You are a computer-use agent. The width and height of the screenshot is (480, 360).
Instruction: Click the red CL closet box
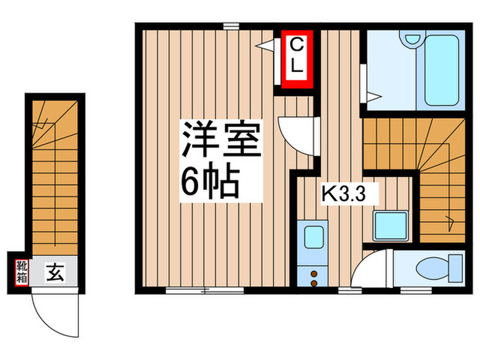pos(295,60)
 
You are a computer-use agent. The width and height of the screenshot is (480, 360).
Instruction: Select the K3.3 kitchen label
pos(346,195)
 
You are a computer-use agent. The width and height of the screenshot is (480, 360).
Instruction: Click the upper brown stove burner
pos(315,273)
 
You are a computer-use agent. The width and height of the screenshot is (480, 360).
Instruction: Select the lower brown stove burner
pos(315,282)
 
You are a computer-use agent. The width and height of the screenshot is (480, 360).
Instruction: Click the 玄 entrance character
pos(55,273)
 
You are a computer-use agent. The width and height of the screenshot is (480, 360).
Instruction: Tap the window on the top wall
pos(230,25)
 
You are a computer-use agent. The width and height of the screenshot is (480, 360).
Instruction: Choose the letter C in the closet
pos(295,45)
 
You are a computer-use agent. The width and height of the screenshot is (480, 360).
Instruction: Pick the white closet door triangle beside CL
pos(265,43)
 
